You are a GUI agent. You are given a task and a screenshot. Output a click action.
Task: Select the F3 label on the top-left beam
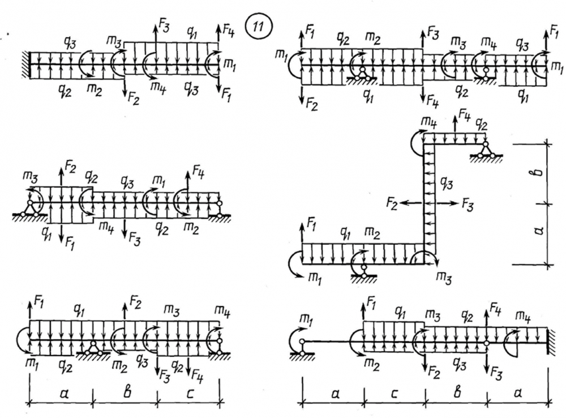[164, 26]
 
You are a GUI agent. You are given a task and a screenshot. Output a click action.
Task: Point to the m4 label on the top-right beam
[487, 41]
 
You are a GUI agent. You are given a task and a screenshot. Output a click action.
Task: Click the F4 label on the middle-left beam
[198, 168]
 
